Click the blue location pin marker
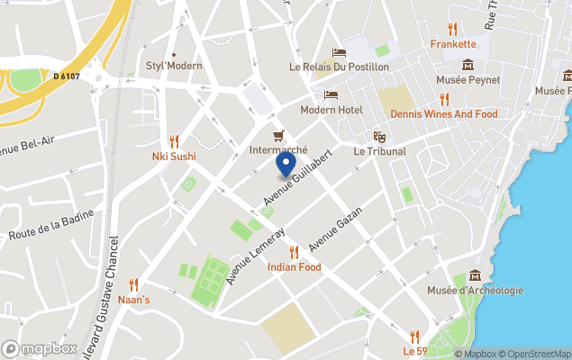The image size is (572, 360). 286,165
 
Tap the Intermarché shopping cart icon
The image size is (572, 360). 278,136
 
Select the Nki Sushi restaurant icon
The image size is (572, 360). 174,141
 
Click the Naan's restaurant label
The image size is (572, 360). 135,298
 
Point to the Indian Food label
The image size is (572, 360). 294,267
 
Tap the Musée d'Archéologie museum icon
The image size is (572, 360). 475,274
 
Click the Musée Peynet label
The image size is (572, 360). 468,80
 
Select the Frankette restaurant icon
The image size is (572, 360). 452,29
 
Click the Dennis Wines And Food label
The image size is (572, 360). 443,114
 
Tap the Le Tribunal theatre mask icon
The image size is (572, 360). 380,137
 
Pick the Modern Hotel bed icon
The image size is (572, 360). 331,95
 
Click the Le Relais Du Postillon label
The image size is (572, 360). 339,67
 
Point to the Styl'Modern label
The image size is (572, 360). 174,66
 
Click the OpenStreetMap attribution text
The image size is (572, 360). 534,354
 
